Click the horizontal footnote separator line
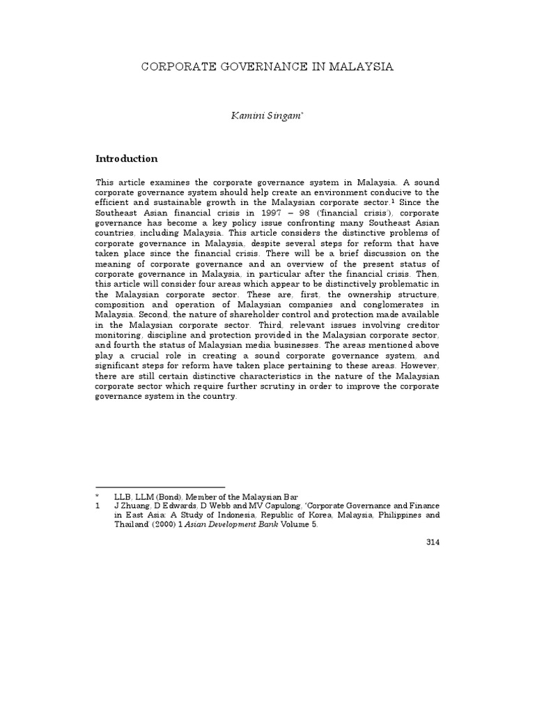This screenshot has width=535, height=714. point(160,487)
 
